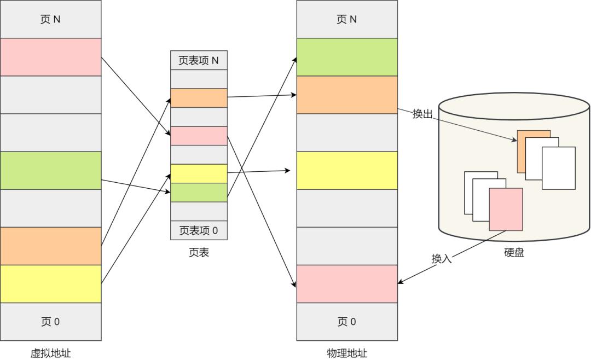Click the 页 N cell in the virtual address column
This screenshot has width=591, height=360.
(50, 19)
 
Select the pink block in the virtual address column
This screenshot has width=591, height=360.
(50, 57)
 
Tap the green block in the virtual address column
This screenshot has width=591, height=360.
(50, 170)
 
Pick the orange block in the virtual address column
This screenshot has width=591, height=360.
(50, 246)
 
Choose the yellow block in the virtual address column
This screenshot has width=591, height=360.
(50, 283)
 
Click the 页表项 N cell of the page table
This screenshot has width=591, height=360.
(199, 60)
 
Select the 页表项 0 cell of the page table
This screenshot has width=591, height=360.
(199, 230)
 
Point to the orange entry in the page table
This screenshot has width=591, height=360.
(199, 98)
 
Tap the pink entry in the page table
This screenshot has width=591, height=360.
(199, 136)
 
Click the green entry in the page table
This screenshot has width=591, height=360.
(199, 192)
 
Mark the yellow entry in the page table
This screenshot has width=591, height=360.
(199, 173)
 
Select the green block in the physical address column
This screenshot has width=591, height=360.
(347, 57)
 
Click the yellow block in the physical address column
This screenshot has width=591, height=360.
(347, 170)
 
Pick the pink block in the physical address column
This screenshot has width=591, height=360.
(347, 283)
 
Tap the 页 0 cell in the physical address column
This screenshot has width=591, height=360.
(347, 321)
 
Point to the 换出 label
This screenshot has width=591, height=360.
(423, 114)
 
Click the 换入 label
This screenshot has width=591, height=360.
(442, 259)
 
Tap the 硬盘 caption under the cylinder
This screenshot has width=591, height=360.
(514, 253)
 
